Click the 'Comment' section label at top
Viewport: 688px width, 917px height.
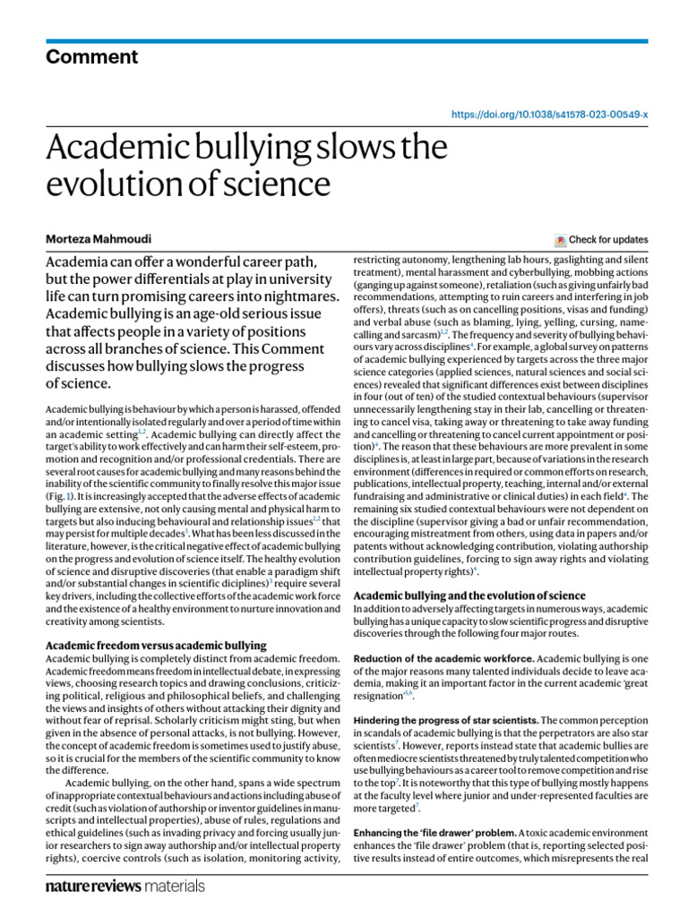click(92, 57)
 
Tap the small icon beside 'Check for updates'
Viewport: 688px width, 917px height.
click(561, 240)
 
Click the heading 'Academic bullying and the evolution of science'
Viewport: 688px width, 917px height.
click(470, 596)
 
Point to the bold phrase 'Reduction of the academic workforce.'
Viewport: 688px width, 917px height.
click(444, 658)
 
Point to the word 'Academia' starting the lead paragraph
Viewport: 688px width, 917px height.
click(81, 261)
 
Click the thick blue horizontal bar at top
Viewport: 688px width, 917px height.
click(344, 41)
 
